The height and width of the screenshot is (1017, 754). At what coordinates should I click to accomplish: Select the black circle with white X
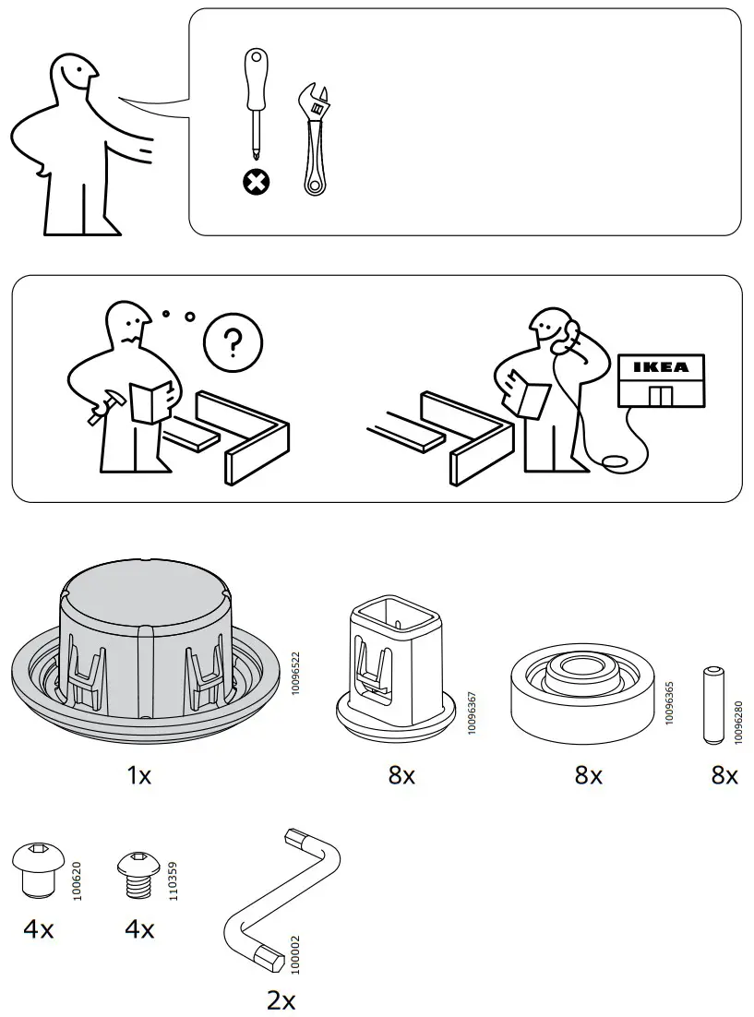pyautogui.click(x=255, y=183)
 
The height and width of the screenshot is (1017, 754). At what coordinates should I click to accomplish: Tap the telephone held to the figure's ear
pyautogui.click(x=569, y=329)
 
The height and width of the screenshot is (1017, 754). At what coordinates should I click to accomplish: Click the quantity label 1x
pyautogui.click(x=138, y=775)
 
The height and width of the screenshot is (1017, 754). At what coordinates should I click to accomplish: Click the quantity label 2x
pyautogui.click(x=281, y=1000)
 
